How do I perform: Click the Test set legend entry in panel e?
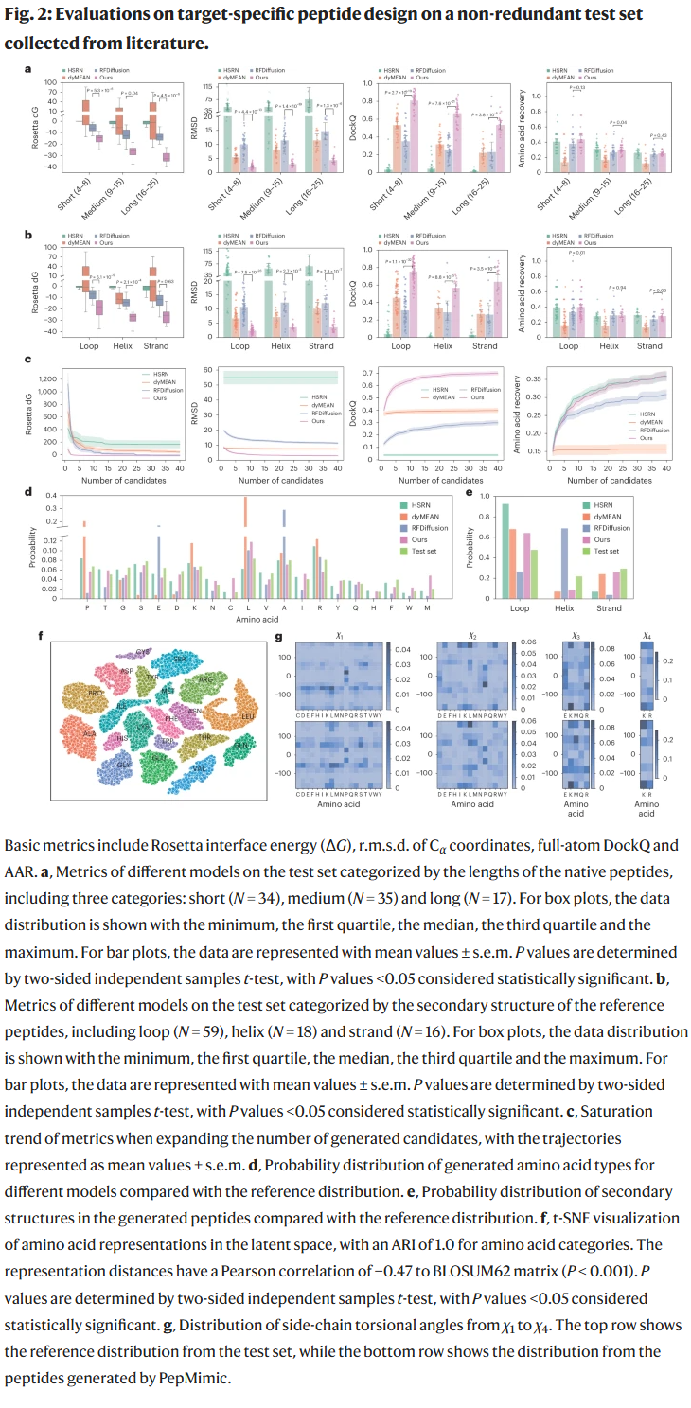click(605, 551)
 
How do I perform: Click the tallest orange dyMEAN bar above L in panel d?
click(246, 512)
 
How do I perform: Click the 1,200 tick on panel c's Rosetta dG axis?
click(46, 379)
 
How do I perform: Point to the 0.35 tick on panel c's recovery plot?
click(536, 379)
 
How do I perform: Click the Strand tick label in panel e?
click(610, 608)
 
